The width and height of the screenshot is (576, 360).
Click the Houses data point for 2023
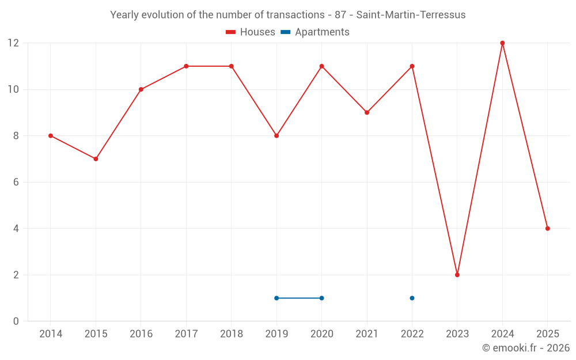tap(457, 275)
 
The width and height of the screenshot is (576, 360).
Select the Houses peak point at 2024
tap(502, 43)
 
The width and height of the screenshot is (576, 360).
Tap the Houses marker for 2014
tap(51, 136)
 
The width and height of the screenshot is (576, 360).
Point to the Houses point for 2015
tap(96, 159)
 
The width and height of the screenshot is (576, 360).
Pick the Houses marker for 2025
tap(548, 229)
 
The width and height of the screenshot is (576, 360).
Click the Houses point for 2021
tap(367, 112)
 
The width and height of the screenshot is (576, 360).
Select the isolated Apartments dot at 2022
tap(412, 298)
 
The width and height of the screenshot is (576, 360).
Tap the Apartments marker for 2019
tap(276, 298)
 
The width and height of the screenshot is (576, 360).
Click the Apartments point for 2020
tap(321, 298)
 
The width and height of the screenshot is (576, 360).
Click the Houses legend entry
tap(251, 32)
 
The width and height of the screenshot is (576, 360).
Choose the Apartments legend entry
tap(315, 32)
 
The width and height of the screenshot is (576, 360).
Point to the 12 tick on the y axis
tap(13, 43)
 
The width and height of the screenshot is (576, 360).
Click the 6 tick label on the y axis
tap(16, 182)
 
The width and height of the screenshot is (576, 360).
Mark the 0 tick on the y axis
tap(16, 321)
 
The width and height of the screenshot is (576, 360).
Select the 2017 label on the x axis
tap(186, 334)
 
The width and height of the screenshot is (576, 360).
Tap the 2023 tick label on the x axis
tap(457, 334)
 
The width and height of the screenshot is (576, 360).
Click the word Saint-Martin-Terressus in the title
tap(411, 15)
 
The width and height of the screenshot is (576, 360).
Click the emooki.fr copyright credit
tap(526, 348)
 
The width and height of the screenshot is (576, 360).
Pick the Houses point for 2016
tap(141, 89)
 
